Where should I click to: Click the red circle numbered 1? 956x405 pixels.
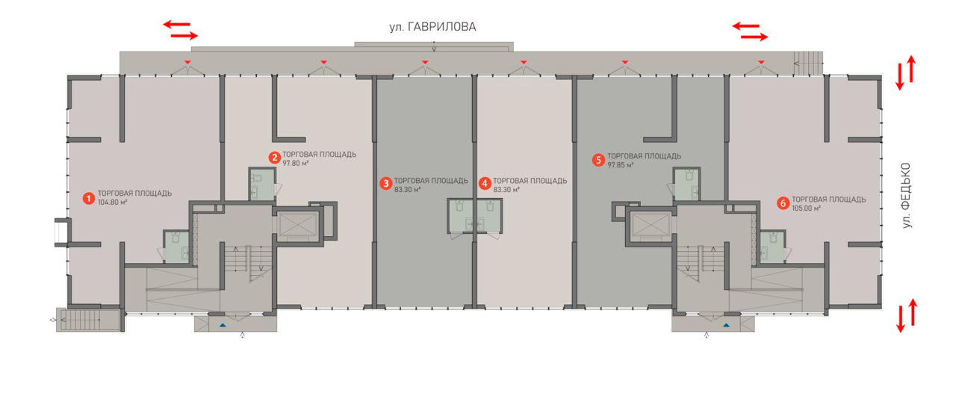(89, 199)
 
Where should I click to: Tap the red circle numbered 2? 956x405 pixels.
(274, 158)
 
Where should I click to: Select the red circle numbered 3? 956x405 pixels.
(386, 184)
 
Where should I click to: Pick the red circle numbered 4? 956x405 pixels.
(485, 184)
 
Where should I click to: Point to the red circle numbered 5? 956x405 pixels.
(598, 160)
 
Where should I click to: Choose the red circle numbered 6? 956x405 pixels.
(783, 203)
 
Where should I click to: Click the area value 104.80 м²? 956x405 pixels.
(113, 202)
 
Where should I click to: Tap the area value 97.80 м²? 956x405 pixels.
(295, 163)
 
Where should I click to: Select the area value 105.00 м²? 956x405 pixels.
(807, 208)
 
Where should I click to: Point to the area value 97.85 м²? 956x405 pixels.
(621, 165)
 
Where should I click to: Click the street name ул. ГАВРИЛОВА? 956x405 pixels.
(432, 27)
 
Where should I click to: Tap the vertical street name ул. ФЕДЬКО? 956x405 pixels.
(906, 195)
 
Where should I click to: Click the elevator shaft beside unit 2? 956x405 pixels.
(297, 225)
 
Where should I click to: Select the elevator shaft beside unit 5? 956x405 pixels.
(651, 225)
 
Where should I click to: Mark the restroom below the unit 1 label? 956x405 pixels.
(177, 247)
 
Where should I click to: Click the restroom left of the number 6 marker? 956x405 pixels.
(772, 247)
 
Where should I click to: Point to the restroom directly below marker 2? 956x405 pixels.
(261, 184)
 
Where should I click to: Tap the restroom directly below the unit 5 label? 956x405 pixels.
(686, 184)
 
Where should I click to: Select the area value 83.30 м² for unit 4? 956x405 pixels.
(506, 189)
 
